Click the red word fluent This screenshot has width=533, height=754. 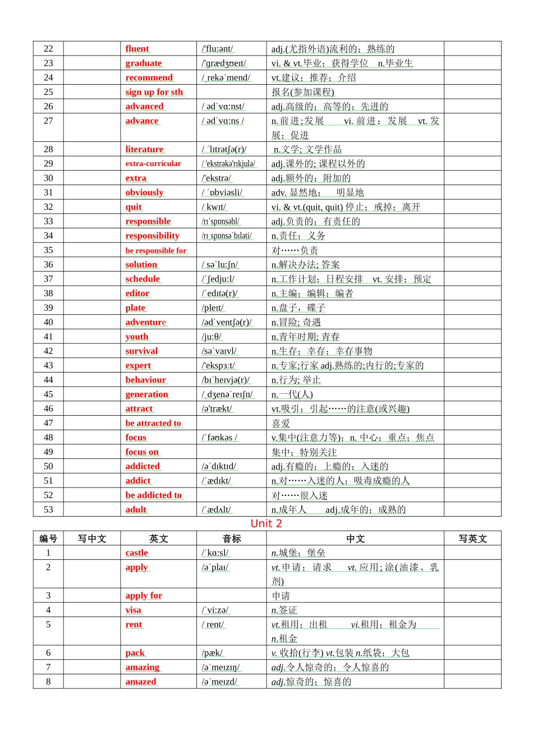137,49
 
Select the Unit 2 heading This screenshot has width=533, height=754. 266,523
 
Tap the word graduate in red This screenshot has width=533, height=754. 144,63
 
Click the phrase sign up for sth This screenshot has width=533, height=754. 154,92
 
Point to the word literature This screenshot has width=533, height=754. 144,149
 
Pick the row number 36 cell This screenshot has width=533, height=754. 48,264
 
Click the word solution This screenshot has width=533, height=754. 141,264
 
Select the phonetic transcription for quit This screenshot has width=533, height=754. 214,207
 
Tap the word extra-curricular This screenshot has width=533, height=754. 153,164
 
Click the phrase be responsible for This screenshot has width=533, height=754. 156,250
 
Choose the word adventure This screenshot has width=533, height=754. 146,322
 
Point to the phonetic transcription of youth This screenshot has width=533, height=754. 212,337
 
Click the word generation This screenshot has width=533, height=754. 147,394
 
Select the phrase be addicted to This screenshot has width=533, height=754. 154,495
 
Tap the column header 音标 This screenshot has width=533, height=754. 231,539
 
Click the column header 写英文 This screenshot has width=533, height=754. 472,539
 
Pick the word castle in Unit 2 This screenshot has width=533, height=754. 137,553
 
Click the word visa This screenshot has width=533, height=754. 134,610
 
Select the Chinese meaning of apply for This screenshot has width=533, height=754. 281,596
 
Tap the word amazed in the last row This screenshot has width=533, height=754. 141,682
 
